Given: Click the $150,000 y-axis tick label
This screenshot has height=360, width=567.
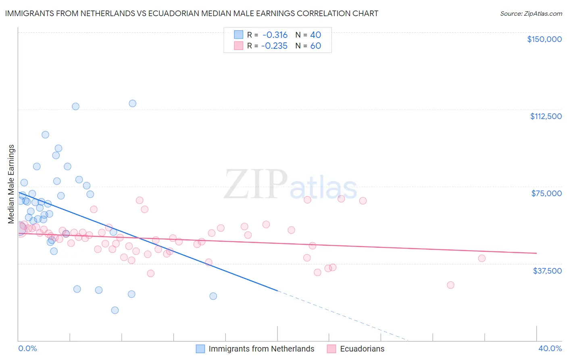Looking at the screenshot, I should (544, 39).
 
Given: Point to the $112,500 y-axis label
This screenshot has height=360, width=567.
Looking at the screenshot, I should (546, 116).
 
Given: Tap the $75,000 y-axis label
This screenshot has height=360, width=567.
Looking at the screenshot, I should (546, 193).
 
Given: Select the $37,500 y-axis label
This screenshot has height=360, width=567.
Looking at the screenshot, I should (547, 270).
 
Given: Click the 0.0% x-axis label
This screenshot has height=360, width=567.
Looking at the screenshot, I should (27, 348).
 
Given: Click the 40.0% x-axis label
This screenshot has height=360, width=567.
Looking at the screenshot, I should (550, 348).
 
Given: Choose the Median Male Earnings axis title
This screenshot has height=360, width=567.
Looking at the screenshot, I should (11, 184).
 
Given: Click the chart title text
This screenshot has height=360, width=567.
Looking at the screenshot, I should (192, 13).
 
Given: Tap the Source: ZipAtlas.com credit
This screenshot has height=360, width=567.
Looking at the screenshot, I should (531, 14).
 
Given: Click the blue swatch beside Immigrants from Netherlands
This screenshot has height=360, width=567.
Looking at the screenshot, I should (200, 349).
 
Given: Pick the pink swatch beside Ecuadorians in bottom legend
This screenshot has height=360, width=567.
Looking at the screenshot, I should (331, 349).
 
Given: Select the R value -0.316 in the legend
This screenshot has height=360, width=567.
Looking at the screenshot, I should (275, 35).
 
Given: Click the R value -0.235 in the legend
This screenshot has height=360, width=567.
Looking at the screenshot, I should (274, 46).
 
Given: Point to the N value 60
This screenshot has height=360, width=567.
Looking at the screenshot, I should (315, 46).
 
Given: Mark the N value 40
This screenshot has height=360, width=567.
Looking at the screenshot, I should (315, 35).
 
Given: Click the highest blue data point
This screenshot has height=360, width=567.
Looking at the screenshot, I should (132, 103).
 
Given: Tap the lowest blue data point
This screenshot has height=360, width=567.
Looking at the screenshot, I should (115, 310).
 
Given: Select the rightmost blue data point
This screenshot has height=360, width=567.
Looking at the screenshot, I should (213, 296).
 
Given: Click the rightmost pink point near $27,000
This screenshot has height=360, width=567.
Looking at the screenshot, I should (450, 285).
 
